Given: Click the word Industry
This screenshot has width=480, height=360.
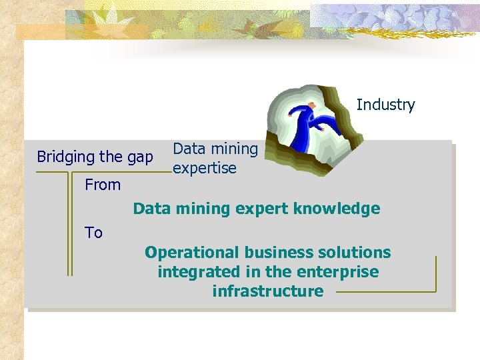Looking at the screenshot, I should [x=385, y=105].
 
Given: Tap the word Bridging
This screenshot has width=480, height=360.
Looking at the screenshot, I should [x=65, y=157].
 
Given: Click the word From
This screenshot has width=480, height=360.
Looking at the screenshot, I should [x=103, y=185].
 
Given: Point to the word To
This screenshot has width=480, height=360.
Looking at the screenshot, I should [x=93, y=233].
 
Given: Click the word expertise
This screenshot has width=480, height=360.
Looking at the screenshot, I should [x=204, y=169].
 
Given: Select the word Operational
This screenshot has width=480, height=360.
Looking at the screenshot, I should [x=191, y=253].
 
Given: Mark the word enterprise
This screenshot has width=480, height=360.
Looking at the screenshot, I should [x=338, y=272].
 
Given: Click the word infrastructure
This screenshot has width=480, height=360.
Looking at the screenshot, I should [x=267, y=291].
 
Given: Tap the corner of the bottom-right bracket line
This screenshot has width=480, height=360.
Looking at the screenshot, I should [x=435, y=291].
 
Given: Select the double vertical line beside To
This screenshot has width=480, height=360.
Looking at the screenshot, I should [x=69, y=227].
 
